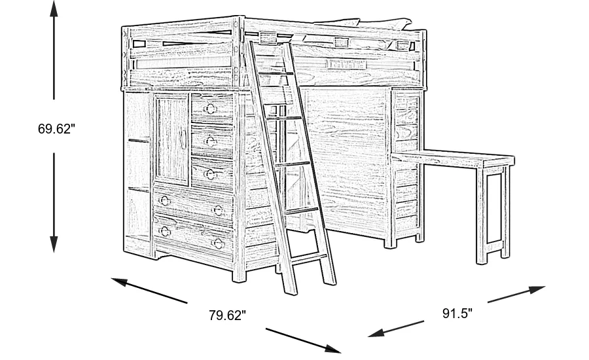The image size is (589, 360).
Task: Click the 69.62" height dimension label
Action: click(x=56, y=129)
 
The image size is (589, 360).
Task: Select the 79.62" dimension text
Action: click(x=227, y=315)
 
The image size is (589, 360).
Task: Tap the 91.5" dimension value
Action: click(x=457, y=314)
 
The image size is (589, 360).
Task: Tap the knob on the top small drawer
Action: click(x=211, y=107)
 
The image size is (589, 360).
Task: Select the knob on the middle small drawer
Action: click(x=211, y=140)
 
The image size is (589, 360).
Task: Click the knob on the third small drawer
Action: click(x=211, y=173)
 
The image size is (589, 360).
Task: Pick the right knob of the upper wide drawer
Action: click(x=218, y=210)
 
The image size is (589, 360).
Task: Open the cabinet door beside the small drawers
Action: click(x=171, y=137)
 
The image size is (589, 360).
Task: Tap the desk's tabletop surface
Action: click(x=458, y=158)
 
